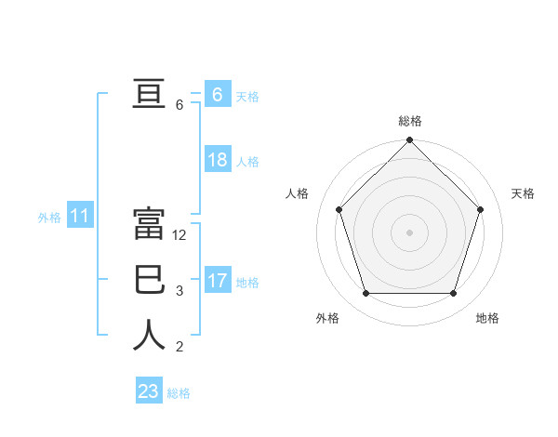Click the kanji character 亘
(149, 94)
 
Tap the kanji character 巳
(149, 280)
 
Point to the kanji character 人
(149, 336)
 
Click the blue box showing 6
(217, 94)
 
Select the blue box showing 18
(217, 160)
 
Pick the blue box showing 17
(217, 280)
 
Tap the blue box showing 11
(79, 217)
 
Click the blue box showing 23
(148, 391)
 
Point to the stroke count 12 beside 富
(179, 235)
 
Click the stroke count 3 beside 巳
(179, 291)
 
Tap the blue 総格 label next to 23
(179, 393)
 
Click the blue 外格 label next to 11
(49, 218)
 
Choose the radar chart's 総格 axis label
(409, 121)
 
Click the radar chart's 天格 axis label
(523, 193)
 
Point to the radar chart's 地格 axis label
(487, 318)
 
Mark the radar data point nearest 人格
(339, 209)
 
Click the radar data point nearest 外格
(365, 294)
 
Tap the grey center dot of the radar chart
(409, 232)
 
